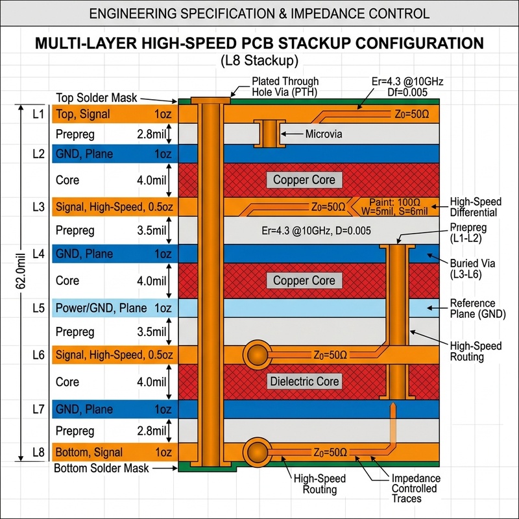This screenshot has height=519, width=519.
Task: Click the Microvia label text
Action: click(323, 134)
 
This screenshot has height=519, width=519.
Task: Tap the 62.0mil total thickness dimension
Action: click(21, 271)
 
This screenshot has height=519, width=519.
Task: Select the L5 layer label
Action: click(38, 308)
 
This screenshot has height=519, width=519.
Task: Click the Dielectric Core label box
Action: click(304, 381)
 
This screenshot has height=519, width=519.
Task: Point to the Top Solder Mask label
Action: click(96, 98)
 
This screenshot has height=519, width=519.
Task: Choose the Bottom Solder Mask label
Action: click(101, 468)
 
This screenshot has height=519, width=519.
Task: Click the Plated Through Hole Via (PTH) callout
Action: click(285, 86)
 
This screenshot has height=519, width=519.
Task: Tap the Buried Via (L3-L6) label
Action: click(472, 269)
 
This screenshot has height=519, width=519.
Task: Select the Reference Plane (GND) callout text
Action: click(477, 309)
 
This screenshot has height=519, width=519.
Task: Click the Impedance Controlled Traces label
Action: click(416, 489)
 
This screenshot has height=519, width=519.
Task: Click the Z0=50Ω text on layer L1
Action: click(412, 115)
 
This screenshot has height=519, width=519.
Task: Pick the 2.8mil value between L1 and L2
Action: click(152, 134)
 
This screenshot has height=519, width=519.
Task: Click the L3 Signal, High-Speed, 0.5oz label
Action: click(114, 207)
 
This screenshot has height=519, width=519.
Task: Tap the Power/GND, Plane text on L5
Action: click(101, 308)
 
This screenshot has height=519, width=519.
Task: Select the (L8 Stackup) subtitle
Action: click(259, 60)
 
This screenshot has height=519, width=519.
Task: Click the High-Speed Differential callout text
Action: click(476, 207)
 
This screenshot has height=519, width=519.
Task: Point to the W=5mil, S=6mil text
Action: click(394, 211)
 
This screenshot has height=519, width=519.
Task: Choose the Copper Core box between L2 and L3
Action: click(304, 180)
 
